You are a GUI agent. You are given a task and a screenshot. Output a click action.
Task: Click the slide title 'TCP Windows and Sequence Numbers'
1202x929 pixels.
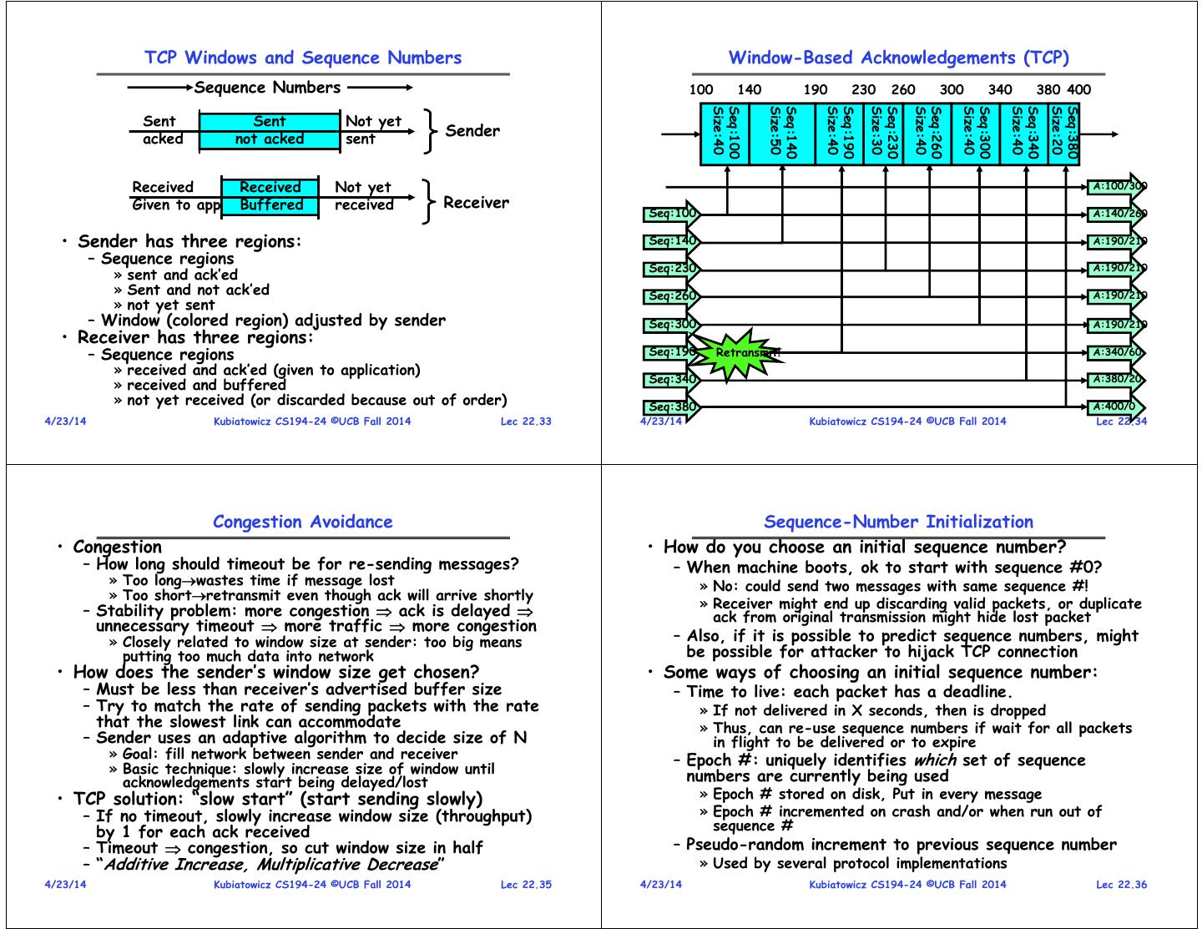click(x=302, y=58)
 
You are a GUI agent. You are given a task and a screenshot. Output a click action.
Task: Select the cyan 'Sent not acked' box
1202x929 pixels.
click(x=270, y=130)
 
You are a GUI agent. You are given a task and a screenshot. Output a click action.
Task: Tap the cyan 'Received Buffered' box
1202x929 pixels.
click(x=270, y=196)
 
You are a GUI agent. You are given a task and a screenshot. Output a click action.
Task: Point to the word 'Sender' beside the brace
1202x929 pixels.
click(x=472, y=131)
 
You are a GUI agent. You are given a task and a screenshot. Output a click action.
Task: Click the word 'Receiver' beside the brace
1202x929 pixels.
click(x=476, y=203)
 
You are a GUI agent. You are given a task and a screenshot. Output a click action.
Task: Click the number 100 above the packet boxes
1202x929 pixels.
click(x=701, y=90)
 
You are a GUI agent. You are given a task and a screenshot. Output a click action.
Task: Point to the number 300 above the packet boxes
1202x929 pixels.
click(x=952, y=90)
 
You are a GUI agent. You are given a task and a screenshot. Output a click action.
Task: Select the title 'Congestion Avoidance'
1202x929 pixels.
click(x=302, y=522)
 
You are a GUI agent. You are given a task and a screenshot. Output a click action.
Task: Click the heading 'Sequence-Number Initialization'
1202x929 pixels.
click(x=898, y=522)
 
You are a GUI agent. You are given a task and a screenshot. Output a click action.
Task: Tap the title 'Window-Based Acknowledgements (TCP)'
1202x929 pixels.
click(x=898, y=58)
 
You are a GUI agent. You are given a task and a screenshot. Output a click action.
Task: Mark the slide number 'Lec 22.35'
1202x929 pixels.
click(x=526, y=885)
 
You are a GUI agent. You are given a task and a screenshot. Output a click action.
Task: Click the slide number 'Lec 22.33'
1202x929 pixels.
click(x=526, y=422)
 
